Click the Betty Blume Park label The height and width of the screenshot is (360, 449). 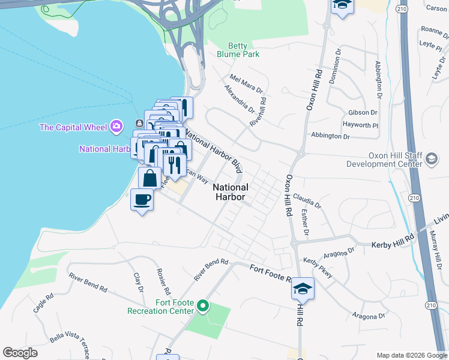[x=243, y=50]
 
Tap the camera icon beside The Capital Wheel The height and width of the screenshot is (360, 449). [x=116, y=127]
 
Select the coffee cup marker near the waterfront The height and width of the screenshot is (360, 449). [x=142, y=200]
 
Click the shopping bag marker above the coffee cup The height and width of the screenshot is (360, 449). [x=149, y=178]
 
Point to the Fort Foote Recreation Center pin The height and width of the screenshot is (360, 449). [x=203, y=307]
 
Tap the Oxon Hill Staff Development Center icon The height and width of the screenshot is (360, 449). [x=431, y=159]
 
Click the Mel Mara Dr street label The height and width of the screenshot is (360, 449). [x=246, y=84]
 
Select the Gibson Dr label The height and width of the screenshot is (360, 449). [x=363, y=113]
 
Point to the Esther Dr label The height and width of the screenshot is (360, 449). [x=304, y=223]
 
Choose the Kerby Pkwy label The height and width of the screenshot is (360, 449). [x=318, y=268]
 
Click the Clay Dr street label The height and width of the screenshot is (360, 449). [x=139, y=281]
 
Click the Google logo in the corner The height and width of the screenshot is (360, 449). [x=20, y=353]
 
